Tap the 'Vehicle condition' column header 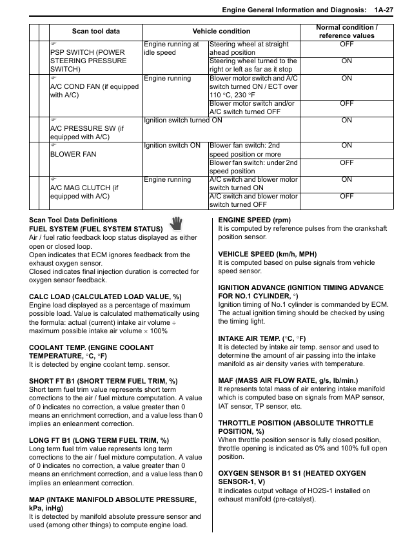click(221, 32)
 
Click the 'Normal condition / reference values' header click(346, 32)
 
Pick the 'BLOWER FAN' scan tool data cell click(73, 155)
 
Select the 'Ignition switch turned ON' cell click(183, 120)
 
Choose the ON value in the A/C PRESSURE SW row click(346, 120)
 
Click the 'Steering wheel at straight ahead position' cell click(253, 48)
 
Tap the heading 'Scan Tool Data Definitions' click(74, 220)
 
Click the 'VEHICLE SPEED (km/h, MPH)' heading click(264, 254)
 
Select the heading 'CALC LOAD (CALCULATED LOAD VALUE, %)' click(105, 296)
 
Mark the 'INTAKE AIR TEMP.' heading click(262, 338)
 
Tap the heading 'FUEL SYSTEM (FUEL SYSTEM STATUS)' click(95, 229)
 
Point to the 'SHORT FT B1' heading click(103, 381)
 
